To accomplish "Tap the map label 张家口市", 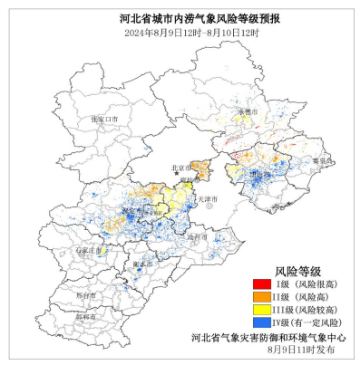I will [105, 119].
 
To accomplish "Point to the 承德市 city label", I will [248, 112].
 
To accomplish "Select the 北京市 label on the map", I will [182, 168].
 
